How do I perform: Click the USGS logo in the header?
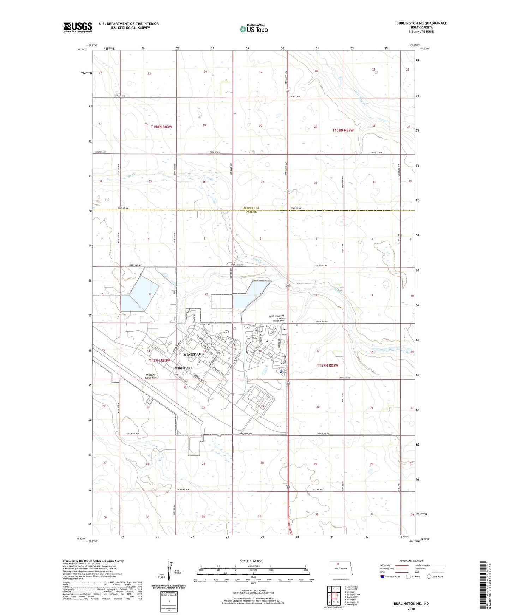click(x=77, y=27)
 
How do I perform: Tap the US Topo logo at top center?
click(x=253, y=29)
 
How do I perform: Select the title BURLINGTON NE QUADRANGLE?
click(x=421, y=23)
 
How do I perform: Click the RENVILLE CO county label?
click(x=251, y=209)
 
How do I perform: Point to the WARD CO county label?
click(x=251, y=212)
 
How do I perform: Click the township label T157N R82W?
click(x=328, y=366)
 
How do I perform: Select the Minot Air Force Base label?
click(x=151, y=376)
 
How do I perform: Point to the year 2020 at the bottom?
click(x=411, y=609)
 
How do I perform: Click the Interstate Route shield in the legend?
click(x=383, y=576)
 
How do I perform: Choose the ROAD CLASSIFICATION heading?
click(x=411, y=561)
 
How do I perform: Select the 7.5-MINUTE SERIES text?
click(x=421, y=32)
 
